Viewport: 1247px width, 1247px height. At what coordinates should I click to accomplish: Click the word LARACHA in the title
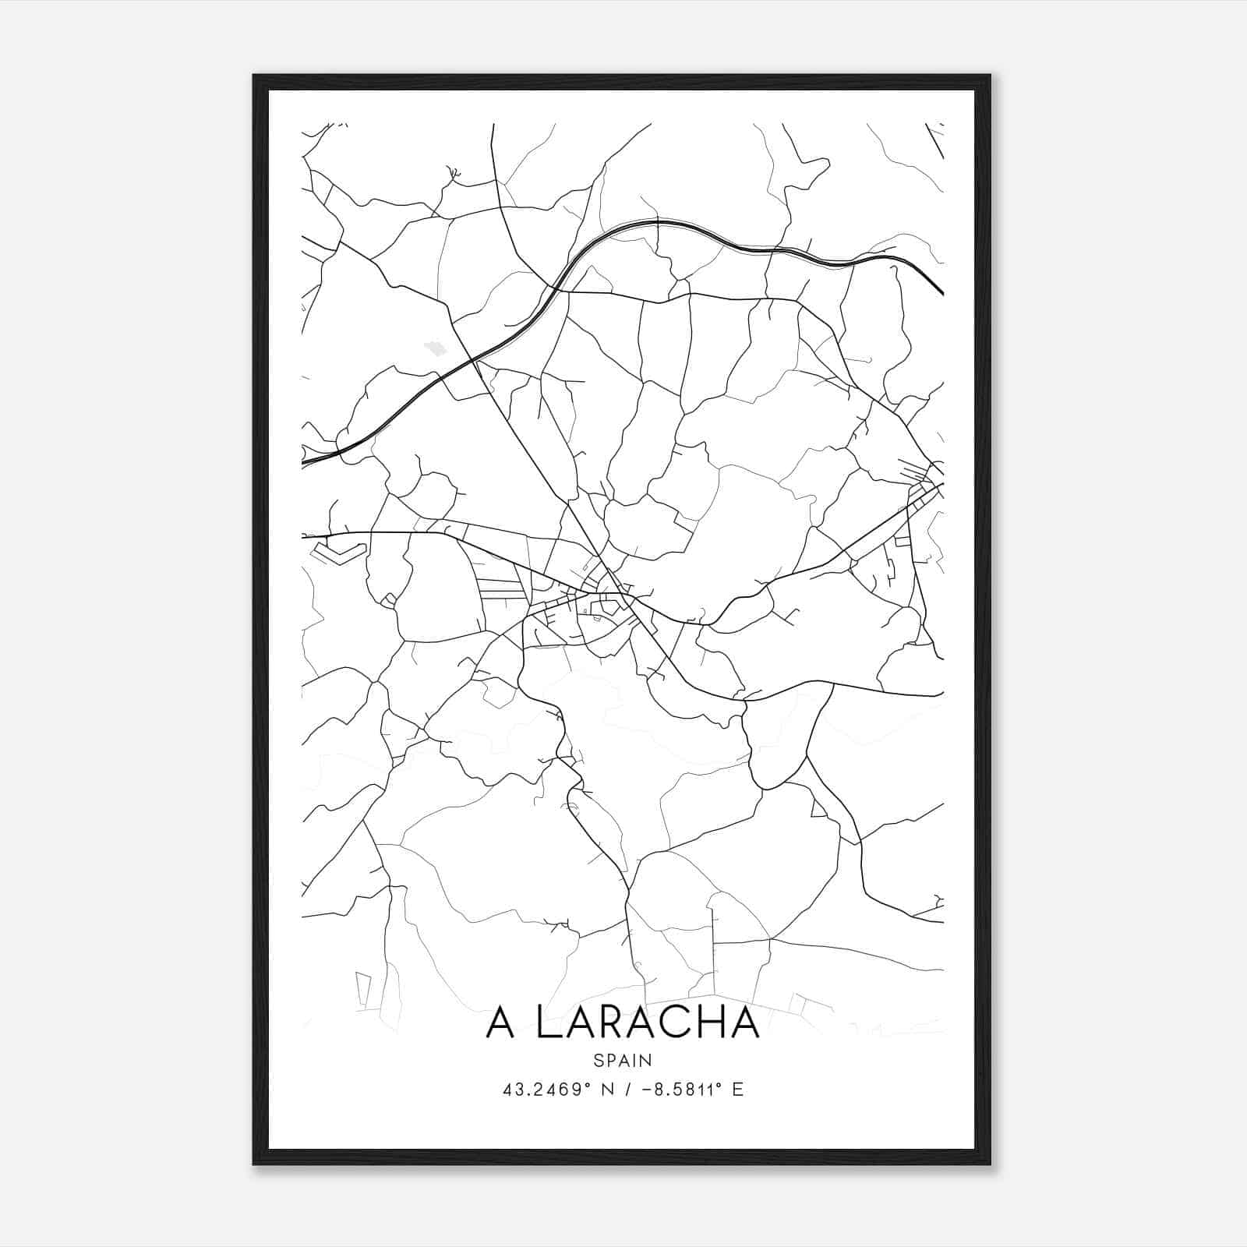(648, 1023)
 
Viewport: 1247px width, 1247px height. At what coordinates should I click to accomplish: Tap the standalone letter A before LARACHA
(500, 1023)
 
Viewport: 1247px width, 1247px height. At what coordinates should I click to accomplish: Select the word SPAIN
(623, 1060)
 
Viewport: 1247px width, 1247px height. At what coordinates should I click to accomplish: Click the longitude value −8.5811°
(679, 1089)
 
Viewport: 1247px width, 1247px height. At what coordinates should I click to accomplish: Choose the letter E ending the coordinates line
(737, 1089)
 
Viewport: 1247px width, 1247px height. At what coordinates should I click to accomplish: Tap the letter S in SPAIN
(598, 1060)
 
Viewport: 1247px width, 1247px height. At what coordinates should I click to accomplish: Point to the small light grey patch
(434, 348)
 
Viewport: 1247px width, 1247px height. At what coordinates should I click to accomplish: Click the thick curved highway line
(656, 223)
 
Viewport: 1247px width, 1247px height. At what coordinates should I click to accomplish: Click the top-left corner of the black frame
(254, 76)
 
